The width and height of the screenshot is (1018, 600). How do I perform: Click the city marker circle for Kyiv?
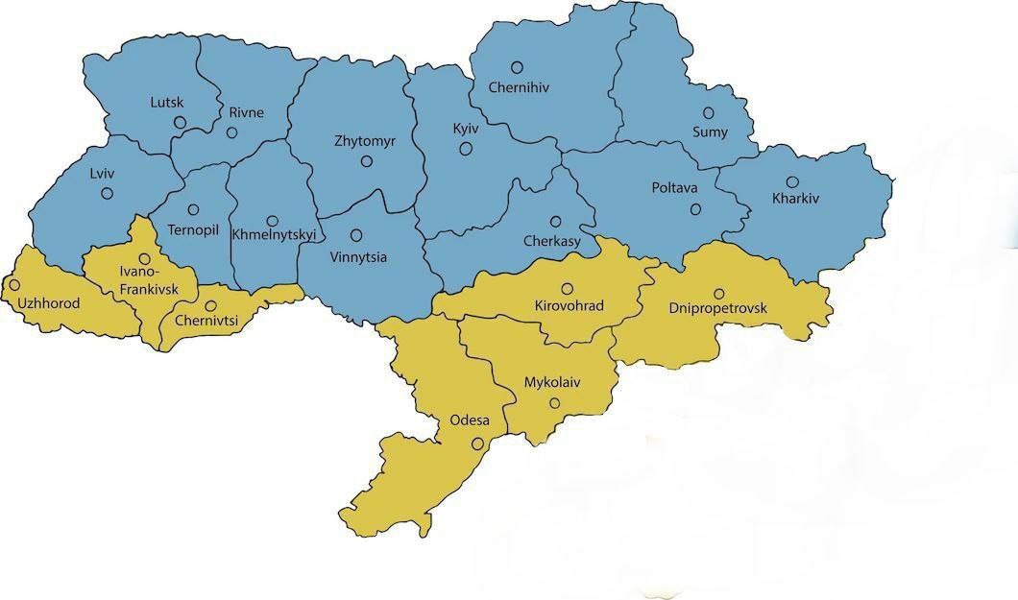[466, 148]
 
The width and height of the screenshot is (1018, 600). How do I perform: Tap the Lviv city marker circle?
[107, 193]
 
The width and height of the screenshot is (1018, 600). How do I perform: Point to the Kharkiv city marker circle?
[792, 181]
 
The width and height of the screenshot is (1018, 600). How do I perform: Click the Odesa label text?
[470, 420]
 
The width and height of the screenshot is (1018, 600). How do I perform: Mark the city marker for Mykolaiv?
[554, 403]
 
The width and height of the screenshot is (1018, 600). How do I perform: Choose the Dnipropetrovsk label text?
[718, 308]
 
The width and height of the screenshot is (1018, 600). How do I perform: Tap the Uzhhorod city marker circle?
[14, 285]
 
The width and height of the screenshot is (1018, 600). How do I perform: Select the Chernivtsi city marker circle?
[210, 305]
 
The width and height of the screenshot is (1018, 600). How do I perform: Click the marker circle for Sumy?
[709, 112]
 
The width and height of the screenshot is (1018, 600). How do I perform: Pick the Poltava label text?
[674, 188]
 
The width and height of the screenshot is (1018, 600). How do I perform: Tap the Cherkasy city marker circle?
[555, 221]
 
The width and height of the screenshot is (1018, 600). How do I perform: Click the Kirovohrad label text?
[568, 306]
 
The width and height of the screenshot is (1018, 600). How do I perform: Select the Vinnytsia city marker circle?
[356, 234]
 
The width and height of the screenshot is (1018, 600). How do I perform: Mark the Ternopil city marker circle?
[193, 209]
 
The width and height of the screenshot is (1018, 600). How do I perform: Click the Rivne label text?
[246, 112]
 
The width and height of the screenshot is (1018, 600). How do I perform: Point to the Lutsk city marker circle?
[180, 122]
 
